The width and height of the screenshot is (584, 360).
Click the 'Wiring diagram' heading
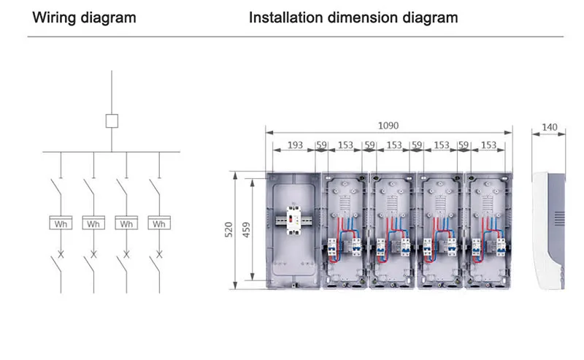85,17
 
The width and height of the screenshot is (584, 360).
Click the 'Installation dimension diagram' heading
353,17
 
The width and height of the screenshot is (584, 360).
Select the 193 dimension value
295,145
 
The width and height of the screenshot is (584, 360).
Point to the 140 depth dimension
550,128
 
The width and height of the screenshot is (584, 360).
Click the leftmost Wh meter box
61,223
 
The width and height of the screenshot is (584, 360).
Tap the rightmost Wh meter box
159,223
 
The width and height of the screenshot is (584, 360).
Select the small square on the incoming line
112,121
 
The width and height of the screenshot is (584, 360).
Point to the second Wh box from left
93,223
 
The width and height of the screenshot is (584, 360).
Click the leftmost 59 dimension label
322,145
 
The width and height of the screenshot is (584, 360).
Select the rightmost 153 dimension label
488,145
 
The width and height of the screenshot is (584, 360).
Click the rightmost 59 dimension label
464,145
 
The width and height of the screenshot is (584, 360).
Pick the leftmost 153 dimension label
346,145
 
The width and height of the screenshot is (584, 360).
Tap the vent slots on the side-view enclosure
559,218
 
